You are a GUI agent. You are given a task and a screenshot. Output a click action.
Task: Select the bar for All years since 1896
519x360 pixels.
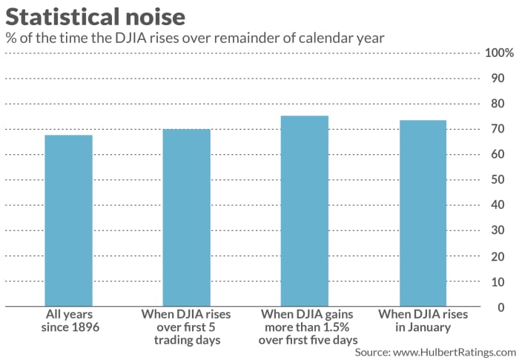click(68, 220)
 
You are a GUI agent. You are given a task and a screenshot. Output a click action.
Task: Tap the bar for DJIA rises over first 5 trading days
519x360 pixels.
click(186, 217)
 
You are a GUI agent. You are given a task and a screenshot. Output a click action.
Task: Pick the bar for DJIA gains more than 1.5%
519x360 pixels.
click(304, 210)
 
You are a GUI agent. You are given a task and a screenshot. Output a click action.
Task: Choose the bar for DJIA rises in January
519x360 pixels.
click(422, 213)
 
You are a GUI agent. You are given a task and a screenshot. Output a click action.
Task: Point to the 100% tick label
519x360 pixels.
click(498, 53)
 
